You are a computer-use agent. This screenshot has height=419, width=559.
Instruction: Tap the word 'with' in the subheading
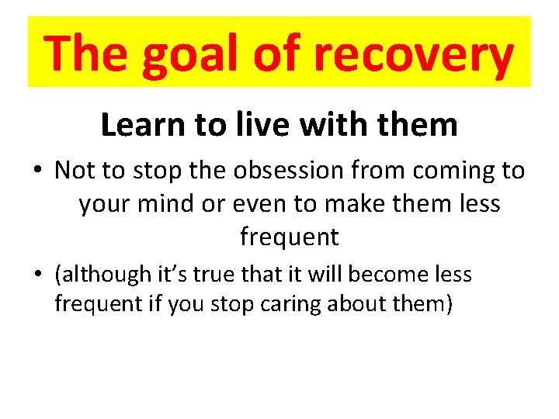[308, 124]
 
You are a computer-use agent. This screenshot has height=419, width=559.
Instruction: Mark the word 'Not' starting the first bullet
[73, 171]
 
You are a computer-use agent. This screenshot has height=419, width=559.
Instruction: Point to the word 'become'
[381, 275]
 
